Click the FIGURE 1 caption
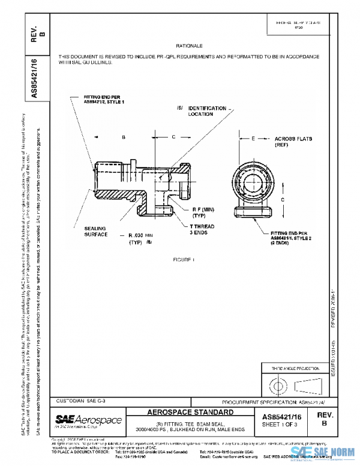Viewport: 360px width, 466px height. coord(185,259)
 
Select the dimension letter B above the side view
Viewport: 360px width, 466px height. coord(123,138)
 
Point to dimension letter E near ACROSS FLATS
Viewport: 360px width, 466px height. coord(254,138)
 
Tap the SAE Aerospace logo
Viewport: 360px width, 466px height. coord(89,419)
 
